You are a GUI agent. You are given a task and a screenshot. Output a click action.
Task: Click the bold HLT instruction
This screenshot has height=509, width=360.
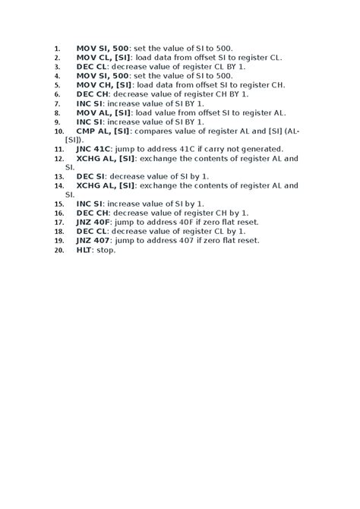[x=84, y=249]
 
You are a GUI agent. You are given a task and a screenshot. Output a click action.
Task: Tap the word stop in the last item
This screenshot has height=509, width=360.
[x=106, y=249]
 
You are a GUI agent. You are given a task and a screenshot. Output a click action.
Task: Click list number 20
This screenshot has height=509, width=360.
[x=58, y=250]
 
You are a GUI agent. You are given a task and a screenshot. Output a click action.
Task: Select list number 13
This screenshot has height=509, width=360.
[x=58, y=177]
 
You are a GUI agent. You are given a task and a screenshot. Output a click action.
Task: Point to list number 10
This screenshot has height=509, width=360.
[x=58, y=131]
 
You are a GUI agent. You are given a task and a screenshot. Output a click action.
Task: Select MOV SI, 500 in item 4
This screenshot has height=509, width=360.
[x=103, y=76]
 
